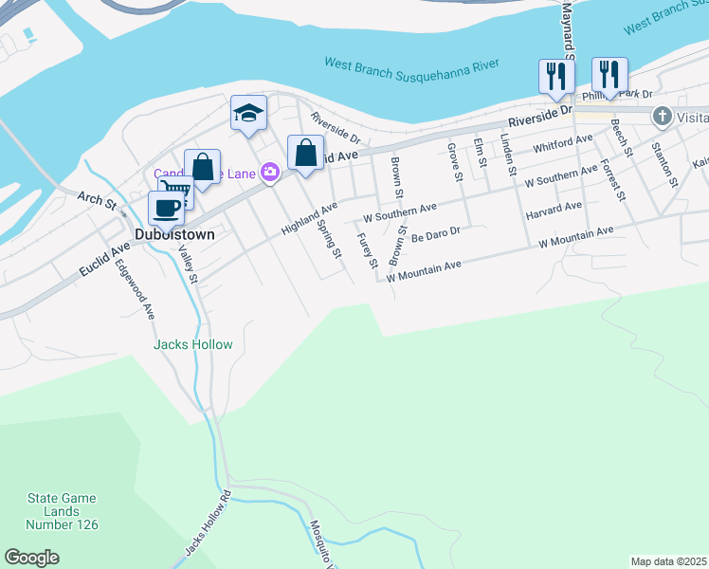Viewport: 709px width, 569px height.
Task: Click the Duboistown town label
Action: (x=174, y=234)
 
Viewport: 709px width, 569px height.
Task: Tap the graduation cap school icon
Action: (x=249, y=114)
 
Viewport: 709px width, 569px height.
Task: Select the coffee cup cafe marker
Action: (x=166, y=209)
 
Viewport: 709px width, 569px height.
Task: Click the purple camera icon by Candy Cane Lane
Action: (x=270, y=171)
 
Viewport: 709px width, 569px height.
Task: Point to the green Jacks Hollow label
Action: (x=192, y=344)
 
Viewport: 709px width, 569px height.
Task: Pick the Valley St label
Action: (x=187, y=265)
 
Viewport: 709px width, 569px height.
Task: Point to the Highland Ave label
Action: (x=309, y=218)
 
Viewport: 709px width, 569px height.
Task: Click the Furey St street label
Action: (x=368, y=250)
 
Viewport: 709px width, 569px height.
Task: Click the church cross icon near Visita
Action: (x=663, y=117)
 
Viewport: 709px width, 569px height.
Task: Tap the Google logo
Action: (x=31, y=557)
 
